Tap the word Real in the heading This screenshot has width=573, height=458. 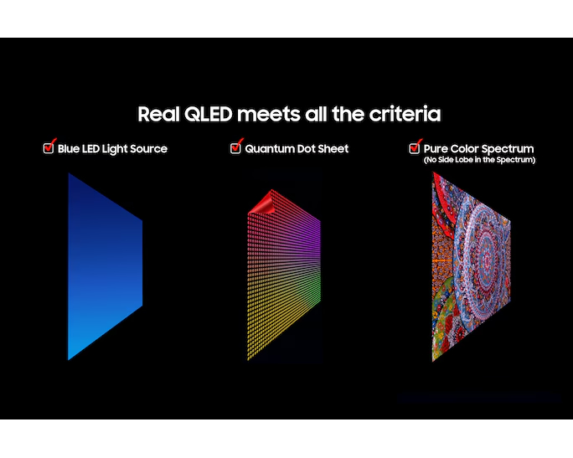[x=156, y=114]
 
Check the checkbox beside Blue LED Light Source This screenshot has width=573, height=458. [x=49, y=148]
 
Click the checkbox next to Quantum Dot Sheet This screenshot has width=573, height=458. [x=235, y=148]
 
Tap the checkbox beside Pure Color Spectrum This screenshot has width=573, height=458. [x=415, y=148]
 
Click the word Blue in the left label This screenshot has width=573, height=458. [x=70, y=149]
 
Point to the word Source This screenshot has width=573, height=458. [x=147, y=149]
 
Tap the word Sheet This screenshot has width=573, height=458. [x=334, y=149]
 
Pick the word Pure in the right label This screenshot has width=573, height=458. [x=437, y=149]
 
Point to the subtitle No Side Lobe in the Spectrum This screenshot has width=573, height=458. [x=479, y=159]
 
